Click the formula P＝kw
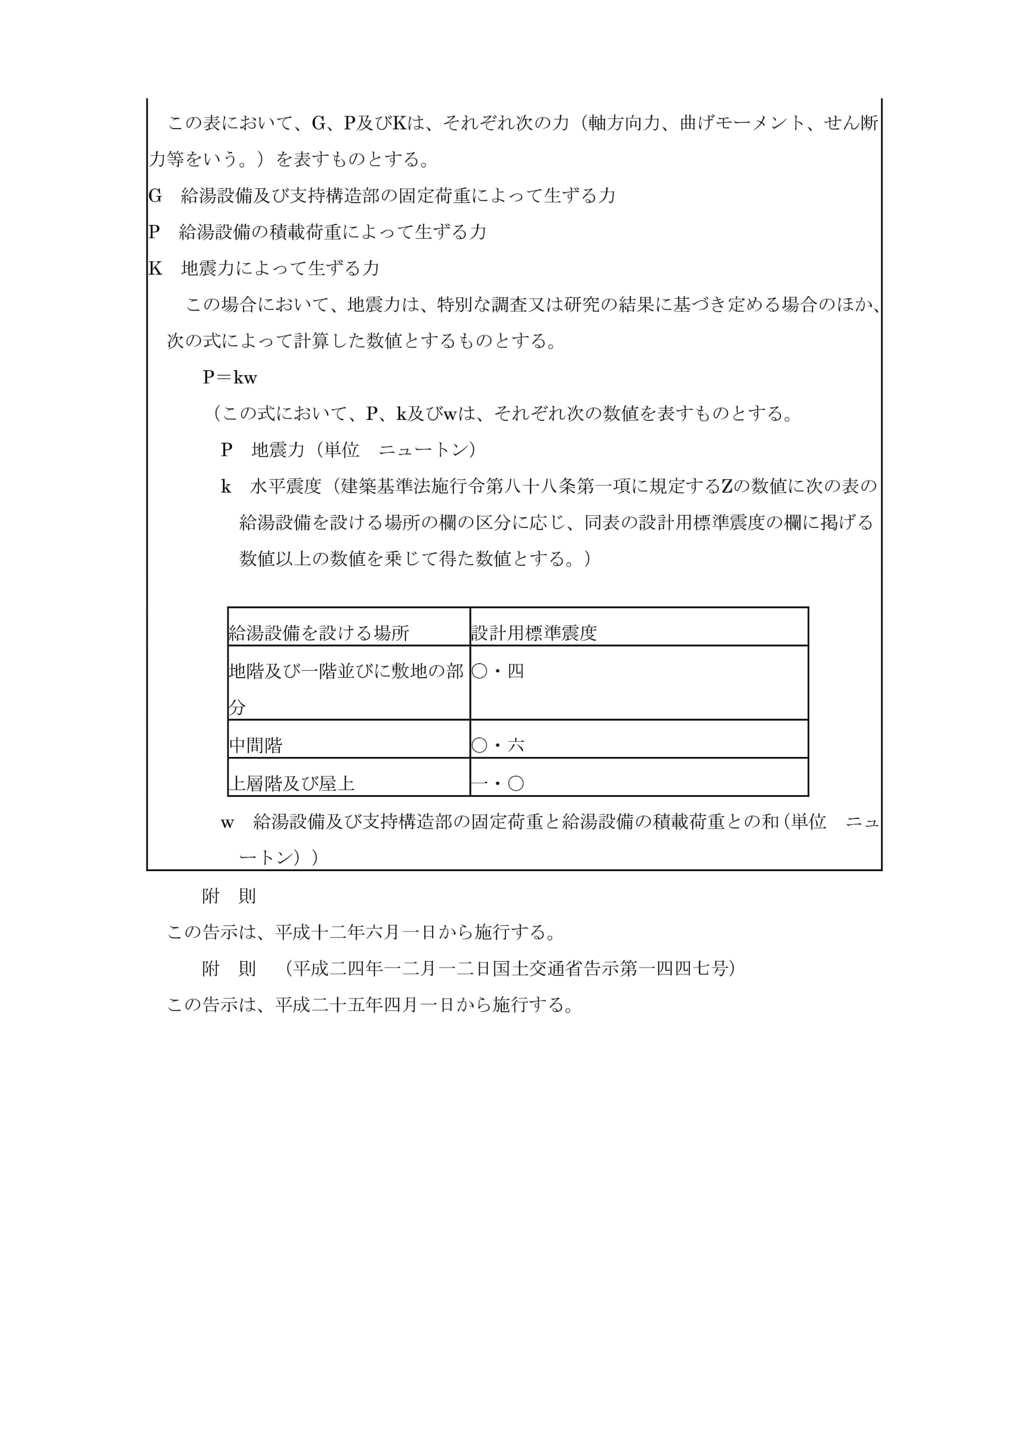click(230, 377)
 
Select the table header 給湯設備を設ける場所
click(319, 633)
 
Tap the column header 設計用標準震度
click(534, 633)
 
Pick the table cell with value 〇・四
click(498, 671)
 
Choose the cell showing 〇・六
click(498, 745)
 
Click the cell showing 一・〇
click(498, 783)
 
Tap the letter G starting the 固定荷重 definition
click(155, 195)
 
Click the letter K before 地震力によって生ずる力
click(155, 268)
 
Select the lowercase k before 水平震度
click(226, 486)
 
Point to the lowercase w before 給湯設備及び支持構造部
click(227, 822)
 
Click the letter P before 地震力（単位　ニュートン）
click(226, 450)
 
